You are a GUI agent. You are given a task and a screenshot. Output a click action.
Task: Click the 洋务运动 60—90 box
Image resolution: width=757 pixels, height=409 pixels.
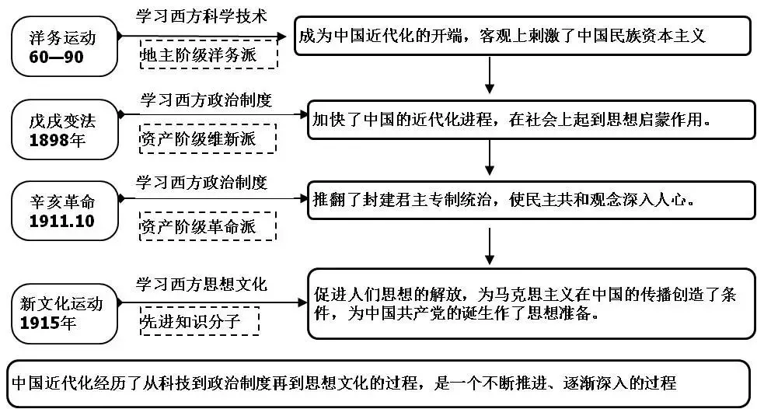65,47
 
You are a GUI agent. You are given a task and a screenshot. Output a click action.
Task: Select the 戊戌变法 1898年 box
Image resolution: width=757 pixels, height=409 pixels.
65,129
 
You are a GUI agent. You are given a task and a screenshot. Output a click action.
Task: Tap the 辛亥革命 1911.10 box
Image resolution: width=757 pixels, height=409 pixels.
65,211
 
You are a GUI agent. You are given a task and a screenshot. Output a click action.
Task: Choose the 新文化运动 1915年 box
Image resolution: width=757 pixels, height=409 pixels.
65,313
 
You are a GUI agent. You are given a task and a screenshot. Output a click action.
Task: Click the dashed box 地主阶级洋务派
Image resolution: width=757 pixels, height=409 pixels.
208,54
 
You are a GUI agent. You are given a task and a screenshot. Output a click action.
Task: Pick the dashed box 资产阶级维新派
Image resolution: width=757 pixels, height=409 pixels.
208,139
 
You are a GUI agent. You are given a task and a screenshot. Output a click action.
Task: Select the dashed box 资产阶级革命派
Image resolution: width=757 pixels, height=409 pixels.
208,226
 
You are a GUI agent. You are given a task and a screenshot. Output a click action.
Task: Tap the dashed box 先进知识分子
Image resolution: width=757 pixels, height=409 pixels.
200,320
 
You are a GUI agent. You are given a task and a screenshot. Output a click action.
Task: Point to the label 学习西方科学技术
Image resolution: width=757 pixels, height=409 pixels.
201,16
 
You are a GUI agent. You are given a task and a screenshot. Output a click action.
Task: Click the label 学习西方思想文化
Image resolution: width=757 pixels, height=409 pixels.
201,284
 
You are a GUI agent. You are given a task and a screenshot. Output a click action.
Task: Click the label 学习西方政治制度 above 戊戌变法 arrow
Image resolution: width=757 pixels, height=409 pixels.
206,100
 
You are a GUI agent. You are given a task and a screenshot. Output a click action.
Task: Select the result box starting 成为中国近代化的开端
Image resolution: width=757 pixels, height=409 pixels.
522,37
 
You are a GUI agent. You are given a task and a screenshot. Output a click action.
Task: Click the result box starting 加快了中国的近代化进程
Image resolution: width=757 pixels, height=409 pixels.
531,120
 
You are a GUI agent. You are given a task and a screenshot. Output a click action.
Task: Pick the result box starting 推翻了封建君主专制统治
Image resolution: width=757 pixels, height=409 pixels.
531,200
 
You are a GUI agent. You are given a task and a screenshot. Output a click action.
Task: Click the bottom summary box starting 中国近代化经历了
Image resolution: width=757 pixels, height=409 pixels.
378,383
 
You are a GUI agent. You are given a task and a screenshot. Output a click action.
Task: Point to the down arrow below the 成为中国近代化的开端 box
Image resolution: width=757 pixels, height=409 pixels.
490,75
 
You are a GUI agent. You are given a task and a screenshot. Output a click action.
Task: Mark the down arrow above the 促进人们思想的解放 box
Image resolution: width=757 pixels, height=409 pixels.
490,246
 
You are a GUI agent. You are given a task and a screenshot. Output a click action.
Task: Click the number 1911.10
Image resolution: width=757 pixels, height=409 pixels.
62,221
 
